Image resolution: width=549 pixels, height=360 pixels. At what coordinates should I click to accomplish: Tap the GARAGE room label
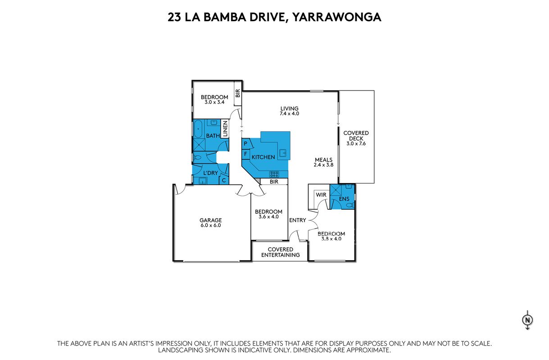click(210, 220)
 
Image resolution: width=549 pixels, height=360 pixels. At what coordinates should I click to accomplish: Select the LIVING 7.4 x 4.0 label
click(290, 111)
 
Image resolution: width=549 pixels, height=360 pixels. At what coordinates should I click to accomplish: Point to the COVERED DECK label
click(356, 135)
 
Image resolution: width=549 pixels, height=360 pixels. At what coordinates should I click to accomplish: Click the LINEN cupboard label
click(225, 129)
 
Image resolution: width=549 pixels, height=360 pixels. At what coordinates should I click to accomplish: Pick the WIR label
click(321, 195)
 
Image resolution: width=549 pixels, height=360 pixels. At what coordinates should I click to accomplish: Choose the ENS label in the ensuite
click(344, 199)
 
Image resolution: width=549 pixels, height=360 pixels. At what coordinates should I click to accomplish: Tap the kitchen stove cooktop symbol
click(274, 174)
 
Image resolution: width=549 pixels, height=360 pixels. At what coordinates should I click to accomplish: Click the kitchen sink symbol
click(283, 153)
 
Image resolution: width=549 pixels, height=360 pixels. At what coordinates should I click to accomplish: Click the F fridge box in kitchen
click(245, 154)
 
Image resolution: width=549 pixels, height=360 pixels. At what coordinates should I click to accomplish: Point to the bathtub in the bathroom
click(198, 129)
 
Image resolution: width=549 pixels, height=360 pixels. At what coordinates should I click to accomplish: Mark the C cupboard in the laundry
click(224, 180)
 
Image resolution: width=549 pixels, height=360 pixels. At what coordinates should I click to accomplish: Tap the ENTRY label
click(298, 220)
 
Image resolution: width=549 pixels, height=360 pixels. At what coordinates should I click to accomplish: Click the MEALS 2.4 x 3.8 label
click(323, 162)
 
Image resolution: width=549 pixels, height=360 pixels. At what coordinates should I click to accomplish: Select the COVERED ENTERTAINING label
click(281, 252)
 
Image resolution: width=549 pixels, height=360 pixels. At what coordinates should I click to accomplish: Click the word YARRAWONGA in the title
click(337, 17)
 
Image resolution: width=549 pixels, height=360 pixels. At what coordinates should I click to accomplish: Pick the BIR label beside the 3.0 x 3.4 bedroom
click(237, 93)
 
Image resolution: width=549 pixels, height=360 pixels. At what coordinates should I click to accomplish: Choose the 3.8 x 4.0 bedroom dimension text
click(331, 239)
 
